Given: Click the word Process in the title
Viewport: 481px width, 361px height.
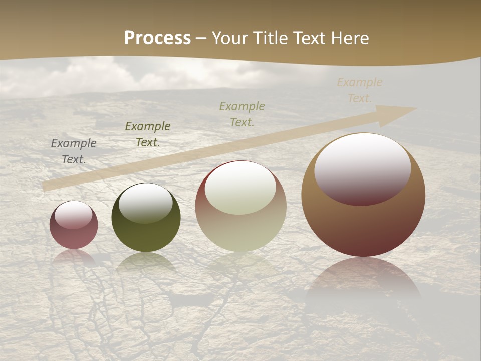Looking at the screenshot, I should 157,38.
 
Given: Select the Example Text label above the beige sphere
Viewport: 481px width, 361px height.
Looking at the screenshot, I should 242,114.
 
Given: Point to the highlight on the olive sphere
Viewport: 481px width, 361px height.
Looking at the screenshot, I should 146,202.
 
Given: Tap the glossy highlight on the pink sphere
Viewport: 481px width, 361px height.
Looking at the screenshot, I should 73,215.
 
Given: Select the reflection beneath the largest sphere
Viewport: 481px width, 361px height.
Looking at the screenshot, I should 363,281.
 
